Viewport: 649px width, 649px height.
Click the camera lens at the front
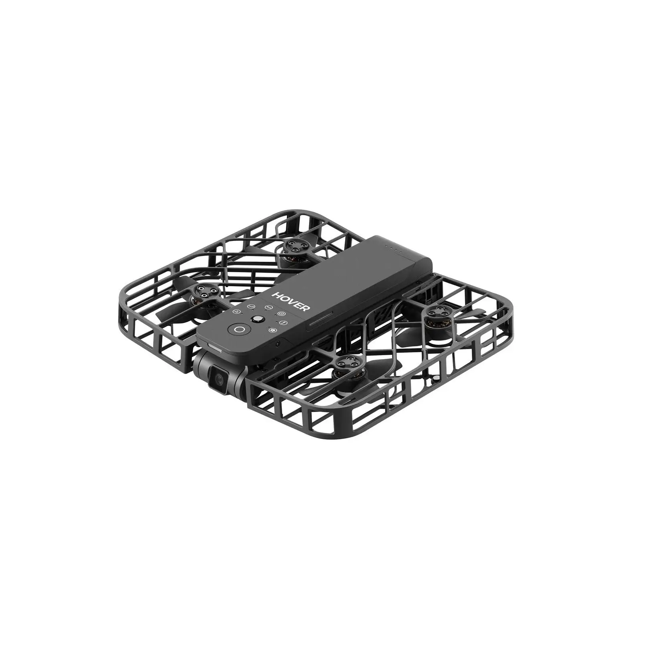219,378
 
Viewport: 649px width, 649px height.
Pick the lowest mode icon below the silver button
274,331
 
